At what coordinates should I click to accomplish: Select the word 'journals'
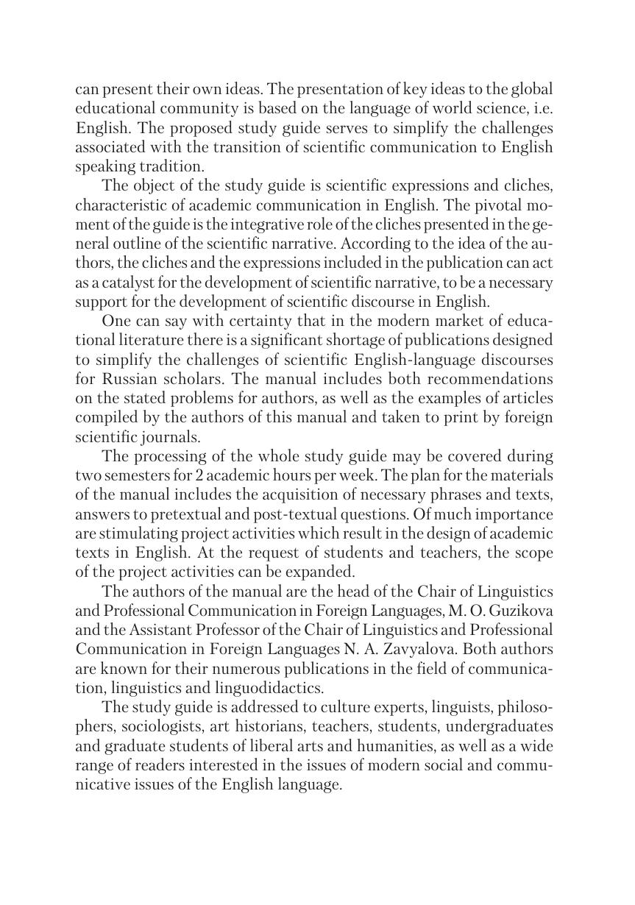(157, 436)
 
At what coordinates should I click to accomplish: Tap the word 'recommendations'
(492, 379)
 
